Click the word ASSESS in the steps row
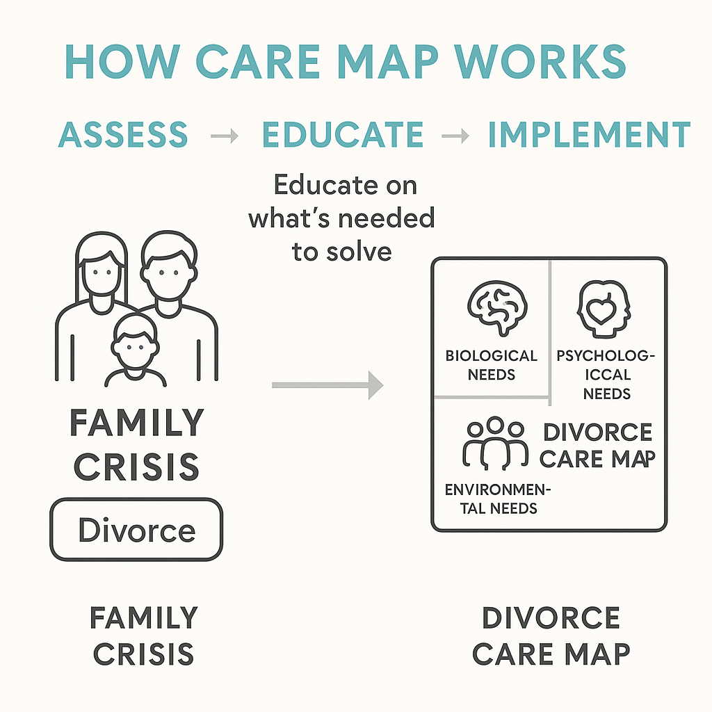(x=123, y=134)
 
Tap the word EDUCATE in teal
(x=343, y=134)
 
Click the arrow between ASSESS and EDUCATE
(x=225, y=136)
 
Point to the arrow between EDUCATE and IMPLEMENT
(x=455, y=136)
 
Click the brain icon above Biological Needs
(x=497, y=306)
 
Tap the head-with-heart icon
(x=603, y=307)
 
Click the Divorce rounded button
(x=136, y=530)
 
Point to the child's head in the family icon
(x=135, y=341)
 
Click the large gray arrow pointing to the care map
(x=327, y=385)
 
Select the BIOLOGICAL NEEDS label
(x=492, y=365)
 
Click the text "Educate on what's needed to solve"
(x=341, y=218)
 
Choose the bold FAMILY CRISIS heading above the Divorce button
(x=137, y=444)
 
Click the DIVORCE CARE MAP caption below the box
(x=556, y=636)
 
